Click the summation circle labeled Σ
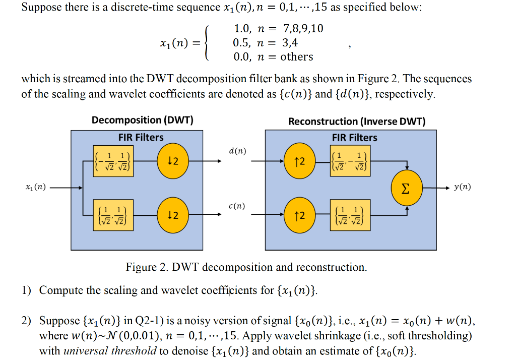(x=405, y=188)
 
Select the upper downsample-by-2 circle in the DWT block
(x=172, y=161)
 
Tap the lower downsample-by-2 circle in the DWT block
(x=172, y=215)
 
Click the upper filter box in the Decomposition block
(x=113, y=161)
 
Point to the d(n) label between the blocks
(x=237, y=151)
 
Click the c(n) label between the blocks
(x=237, y=206)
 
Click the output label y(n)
(x=462, y=187)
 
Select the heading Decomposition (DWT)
(x=142, y=120)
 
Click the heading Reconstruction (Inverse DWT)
(x=357, y=122)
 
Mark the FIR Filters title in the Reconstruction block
(x=354, y=138)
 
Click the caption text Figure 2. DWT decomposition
(x=246, y=267)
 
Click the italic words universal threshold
(x=110, y=351)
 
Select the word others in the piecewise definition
(x=297, y=57)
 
